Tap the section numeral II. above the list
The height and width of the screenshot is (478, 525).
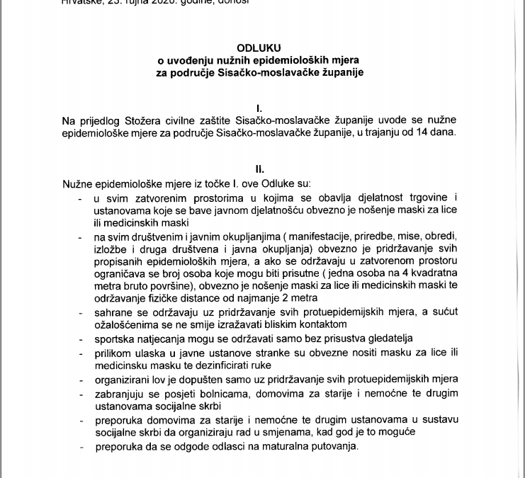tap(259, 170)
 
